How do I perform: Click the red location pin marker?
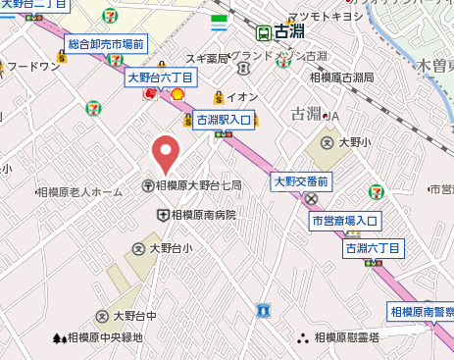[x=166, y=153]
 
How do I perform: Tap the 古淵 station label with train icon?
[x=278, y=31]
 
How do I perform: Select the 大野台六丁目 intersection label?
[x=161, y=77]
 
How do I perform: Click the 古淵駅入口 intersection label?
[x=224, y=120]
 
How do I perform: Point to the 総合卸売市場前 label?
[x=105, y=45]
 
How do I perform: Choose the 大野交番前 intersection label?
[x=302, y=180]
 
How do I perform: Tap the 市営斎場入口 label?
[x=344, y=221]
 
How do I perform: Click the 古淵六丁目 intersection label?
[x=373, y=249]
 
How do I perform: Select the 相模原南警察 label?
[x=422, y=312]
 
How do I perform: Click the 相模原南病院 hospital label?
[x=197, y=214]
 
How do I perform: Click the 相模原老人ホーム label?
[x=78, y=192]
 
